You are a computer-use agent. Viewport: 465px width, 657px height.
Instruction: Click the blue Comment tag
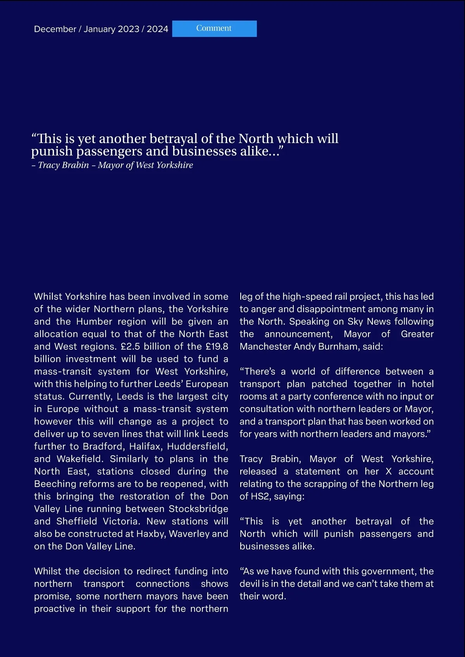click(x=214, y=29)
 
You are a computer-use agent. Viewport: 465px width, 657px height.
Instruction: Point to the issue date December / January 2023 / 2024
click(x=101, y=29)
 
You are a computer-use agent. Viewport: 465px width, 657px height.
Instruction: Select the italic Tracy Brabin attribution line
click(x=112, y=165)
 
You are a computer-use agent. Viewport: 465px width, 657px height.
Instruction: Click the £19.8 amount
click(x=217, y=346)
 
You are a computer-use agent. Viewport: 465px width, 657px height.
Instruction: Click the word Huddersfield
click(x=197, y=446)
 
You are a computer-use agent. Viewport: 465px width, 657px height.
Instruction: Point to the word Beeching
click(x=55, y=484)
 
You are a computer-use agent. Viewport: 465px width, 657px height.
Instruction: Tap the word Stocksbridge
click(x=198, y=509)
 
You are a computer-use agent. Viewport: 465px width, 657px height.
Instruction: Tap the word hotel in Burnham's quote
click(x=423, y=384)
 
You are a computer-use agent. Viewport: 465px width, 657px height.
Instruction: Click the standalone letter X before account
click(x=389, y=471)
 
